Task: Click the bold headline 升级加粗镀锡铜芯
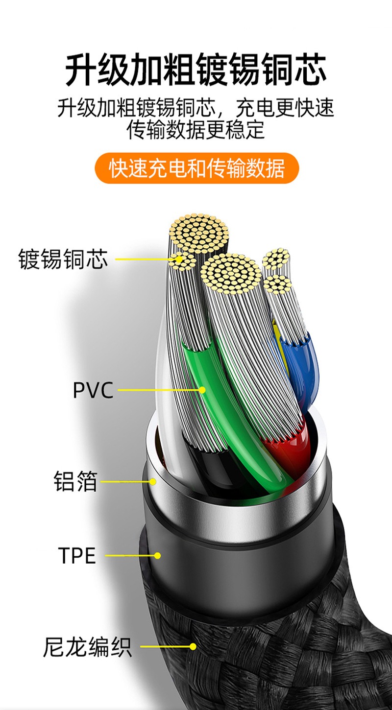click(x=196, y=70)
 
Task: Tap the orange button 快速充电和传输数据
click(x=196, y=168)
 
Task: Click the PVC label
click(x=93, y=390)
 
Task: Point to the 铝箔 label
click(x=75, y=481)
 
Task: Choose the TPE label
click(x=77, y=555)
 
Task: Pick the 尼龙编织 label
click(x=87, y=646)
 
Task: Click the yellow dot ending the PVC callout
click(x=202, y=390)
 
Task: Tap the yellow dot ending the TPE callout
click(x=157, y=556)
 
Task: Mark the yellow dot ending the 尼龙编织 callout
click(x=193, y=646)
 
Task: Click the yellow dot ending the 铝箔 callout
click(x=153, y=481)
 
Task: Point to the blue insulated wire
click(x=299, y=362)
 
